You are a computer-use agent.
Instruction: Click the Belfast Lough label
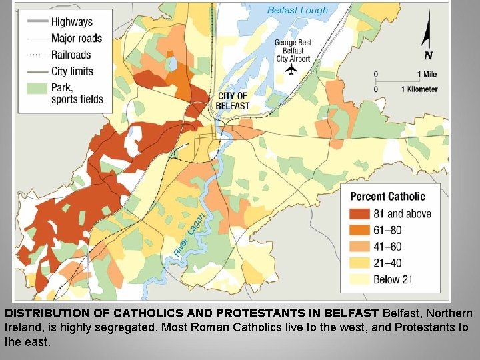(297, 10)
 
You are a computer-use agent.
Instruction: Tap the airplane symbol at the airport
(291, 69)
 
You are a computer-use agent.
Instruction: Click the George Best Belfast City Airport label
(293, 51)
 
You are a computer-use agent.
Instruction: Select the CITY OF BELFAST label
(233, 101)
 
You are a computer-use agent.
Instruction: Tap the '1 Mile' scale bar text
(427, 74)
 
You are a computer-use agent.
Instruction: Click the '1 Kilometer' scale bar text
(419, 89)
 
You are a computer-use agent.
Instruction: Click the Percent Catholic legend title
(387, 196)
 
